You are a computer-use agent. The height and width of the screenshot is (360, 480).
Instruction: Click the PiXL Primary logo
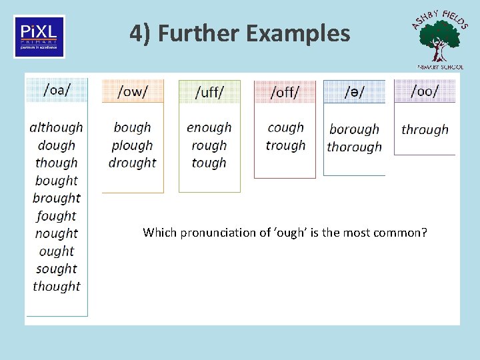[39, 37]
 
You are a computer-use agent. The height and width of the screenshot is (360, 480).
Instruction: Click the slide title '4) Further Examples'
[240, 33]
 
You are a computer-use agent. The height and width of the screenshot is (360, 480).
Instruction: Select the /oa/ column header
[57, 91]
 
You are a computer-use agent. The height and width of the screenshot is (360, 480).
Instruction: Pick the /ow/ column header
[133, 91]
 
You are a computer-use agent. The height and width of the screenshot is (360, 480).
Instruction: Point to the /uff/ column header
[209, 92]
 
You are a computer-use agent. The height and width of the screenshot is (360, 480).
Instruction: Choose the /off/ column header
[285, 92]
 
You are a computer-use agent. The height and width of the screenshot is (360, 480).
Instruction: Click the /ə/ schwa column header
[354, 92]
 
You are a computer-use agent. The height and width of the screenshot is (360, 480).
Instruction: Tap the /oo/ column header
[425, 91]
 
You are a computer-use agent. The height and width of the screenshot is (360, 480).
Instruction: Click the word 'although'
[57, 127]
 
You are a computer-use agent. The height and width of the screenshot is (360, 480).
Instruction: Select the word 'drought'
[133, 163]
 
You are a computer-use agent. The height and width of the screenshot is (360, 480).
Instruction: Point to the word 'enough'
[209, 127]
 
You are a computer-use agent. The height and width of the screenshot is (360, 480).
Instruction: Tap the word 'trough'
[285, 145]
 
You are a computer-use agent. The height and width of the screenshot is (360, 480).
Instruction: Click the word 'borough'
[354, 129]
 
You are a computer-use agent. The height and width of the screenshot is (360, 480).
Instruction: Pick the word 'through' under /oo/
[425, 129]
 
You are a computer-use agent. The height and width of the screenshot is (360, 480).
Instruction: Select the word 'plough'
[133, 145]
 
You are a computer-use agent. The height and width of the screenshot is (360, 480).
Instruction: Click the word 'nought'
[57, 233]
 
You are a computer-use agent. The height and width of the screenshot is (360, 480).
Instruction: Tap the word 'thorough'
[354, 147]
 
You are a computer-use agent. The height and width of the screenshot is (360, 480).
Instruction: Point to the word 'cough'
[285, 127]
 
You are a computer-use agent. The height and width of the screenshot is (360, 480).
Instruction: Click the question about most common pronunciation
[285, 233]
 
